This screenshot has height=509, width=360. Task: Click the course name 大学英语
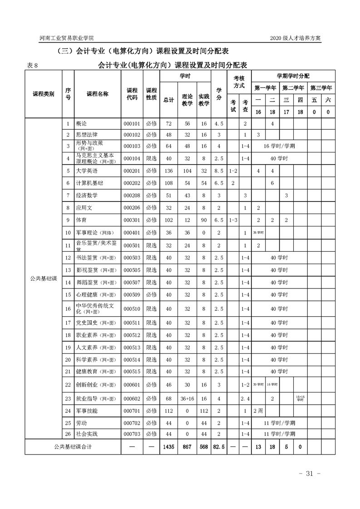87,171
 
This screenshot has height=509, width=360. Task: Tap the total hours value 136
168,171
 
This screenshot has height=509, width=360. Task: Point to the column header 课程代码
132,94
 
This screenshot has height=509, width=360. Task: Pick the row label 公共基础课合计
73,446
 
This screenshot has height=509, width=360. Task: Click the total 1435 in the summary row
168,446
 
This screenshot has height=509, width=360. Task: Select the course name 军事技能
87,411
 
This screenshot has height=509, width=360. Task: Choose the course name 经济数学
87,196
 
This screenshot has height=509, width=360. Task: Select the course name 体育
82,220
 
